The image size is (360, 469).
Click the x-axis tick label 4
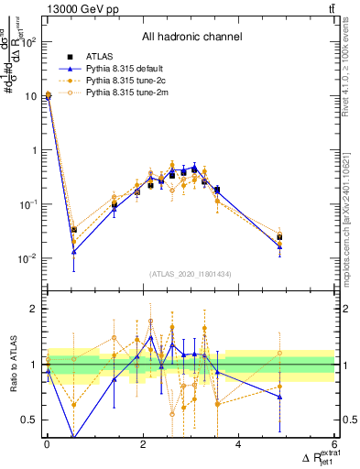point(238,445)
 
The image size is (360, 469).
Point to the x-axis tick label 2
point(143,445)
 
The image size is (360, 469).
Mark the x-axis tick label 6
point(333,445)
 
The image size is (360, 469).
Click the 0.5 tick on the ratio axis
point(31,420)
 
